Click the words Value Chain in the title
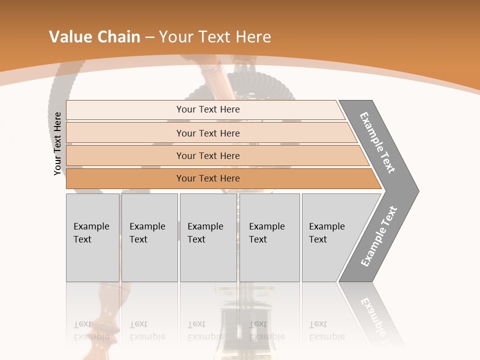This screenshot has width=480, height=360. tap(94, 37)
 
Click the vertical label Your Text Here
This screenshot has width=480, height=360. tap(57, 144)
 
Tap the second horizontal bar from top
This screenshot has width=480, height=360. tap(207, 133)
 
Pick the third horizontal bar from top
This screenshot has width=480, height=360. tap(207, 155)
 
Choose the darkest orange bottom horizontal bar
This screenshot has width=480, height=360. tap(207, 178)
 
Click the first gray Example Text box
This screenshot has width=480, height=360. tap(92, 237)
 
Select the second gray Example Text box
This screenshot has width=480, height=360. tap(149, 237)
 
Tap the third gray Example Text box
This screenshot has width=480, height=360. tap(207, 237)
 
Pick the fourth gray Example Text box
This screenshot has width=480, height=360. tap(269, 237)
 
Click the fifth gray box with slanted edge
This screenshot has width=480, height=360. tap(332, 237)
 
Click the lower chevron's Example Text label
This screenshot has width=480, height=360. tap(378, 236)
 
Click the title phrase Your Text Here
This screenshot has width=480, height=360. tap(215, 37)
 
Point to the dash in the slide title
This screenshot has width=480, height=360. tap(149, 37)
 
